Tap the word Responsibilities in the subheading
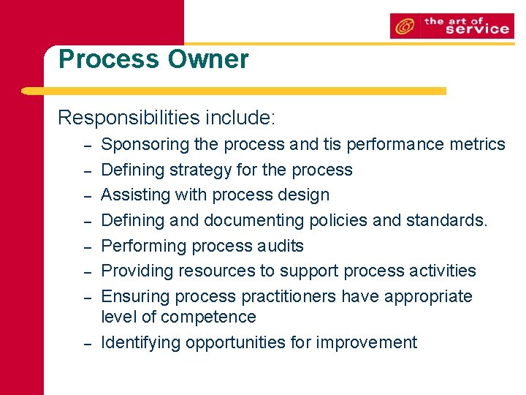coord(129,117)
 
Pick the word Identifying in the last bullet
coord(141,342)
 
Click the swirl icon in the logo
coord(403,26)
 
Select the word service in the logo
coord(476,29)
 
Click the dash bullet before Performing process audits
coord(86,247)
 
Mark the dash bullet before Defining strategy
coord(86,171)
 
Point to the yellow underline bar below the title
coord(234,91)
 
